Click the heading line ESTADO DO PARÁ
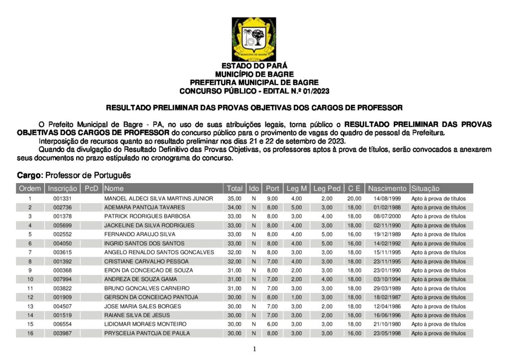coord(254,66)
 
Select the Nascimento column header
coord(387,188)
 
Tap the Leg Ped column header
coord(327,188)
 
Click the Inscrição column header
coord(63,188)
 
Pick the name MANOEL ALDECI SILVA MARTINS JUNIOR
coord(159,198)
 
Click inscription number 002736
coord(63,207)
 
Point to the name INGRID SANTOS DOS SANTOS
coord(144,243)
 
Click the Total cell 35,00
coord(234,198)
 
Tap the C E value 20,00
coord(354,198)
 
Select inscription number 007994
coord(63,279)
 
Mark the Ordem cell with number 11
coord(30,288)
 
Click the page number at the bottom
coord(254,350)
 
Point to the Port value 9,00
coord(272,198)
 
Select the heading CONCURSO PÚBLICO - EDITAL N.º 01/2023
coord(254,91)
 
